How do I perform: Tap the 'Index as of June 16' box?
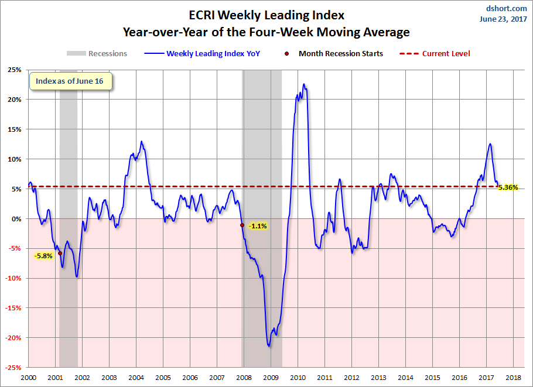[x=70, y=81]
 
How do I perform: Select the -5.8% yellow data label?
[x=43, y=256]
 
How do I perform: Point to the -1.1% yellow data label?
[x=258, y=226]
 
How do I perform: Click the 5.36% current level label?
[x=507, y=187]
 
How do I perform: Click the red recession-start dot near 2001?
[x=60, y=254]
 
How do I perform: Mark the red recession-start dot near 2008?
[x=242, y=225]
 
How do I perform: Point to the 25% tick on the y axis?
[x=13, y=70]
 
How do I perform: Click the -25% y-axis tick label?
[x=12, y=368]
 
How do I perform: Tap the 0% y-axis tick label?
[x=16, y=219]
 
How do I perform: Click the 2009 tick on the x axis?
[x=271, y=378]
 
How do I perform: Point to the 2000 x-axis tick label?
[x=28, y=378]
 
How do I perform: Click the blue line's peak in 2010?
[x=303, y=84]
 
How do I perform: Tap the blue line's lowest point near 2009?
[x=269, y=346]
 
